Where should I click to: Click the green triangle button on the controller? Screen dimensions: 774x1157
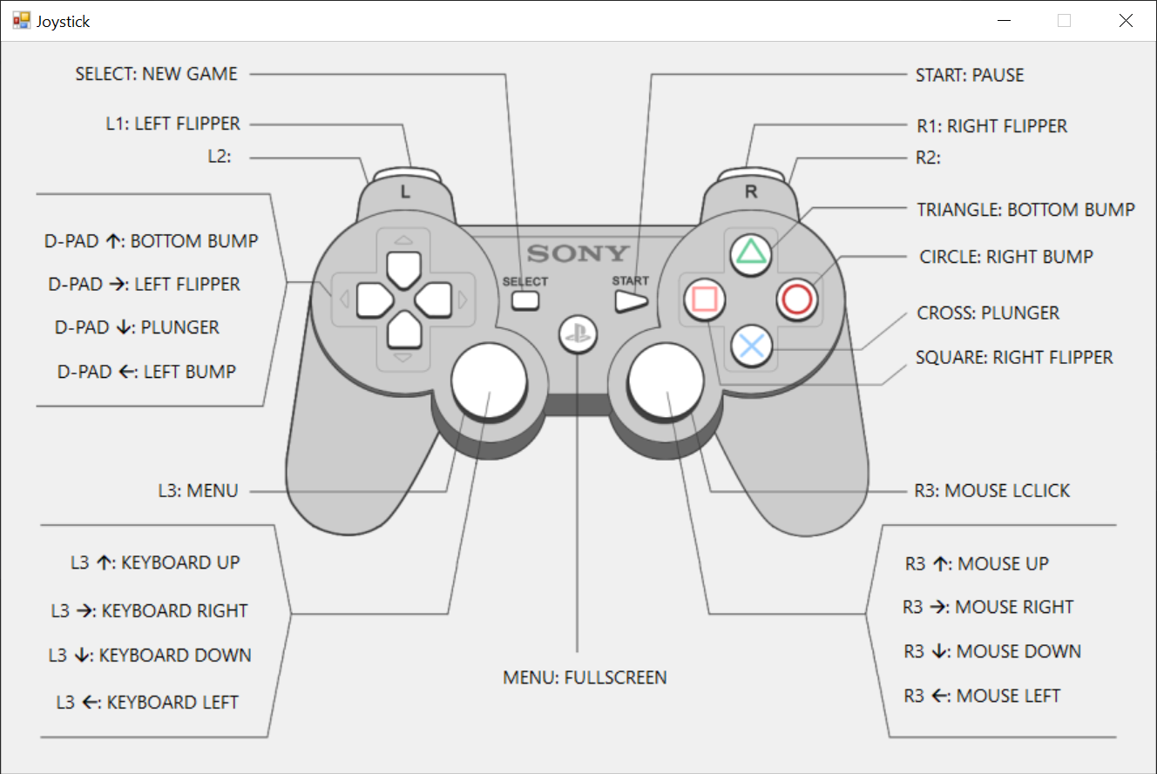(x=752, y=252)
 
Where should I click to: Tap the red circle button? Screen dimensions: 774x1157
(x=796, y=300)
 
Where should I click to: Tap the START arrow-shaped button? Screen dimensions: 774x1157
(x=631, y=301)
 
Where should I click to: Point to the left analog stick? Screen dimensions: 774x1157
(x=489, y=380)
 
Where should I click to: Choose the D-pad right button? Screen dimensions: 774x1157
(x=433, y=300)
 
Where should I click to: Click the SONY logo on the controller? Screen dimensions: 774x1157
(x=578, y=254)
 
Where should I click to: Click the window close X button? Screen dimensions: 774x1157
(x=1126, y=21)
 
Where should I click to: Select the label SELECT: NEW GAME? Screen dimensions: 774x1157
(x=157, y=74)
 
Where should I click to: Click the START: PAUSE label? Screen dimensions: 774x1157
(x=970, y=75)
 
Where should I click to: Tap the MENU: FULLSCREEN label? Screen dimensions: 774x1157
(x=585, y=676)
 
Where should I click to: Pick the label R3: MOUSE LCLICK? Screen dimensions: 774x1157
(x=992, y=490)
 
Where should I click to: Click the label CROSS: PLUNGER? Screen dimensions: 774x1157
(x=988, y=313)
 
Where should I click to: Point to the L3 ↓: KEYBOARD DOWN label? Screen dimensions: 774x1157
(x=150, y=656)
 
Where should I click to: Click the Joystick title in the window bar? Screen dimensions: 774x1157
(x=63, y=21)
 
